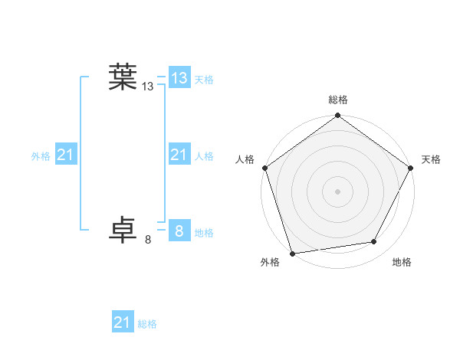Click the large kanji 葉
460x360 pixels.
click(123, 77)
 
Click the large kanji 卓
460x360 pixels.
click(123, 231)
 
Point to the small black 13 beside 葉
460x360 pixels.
click(148, 87)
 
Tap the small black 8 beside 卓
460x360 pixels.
click(148, 241)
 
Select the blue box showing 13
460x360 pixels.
click(179, 77)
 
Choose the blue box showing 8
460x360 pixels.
click(179, 231)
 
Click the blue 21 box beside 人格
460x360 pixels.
click(179, 155)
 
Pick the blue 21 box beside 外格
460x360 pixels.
click(65, 155)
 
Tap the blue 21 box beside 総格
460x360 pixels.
click(122, 322)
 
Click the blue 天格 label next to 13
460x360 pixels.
click(204, 80)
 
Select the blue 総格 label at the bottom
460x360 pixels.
click(147, 325)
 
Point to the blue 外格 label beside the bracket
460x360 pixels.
click(41, 156)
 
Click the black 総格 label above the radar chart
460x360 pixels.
click(337, 100)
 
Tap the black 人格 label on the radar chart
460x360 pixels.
click(245, 159)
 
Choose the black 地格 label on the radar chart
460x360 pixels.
click(402, 263)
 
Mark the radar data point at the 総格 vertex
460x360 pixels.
click(337, 116)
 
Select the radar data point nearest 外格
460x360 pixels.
click(292, 253)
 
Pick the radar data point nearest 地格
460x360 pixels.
click(374, 242)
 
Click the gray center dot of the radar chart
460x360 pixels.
click(337, 191)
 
